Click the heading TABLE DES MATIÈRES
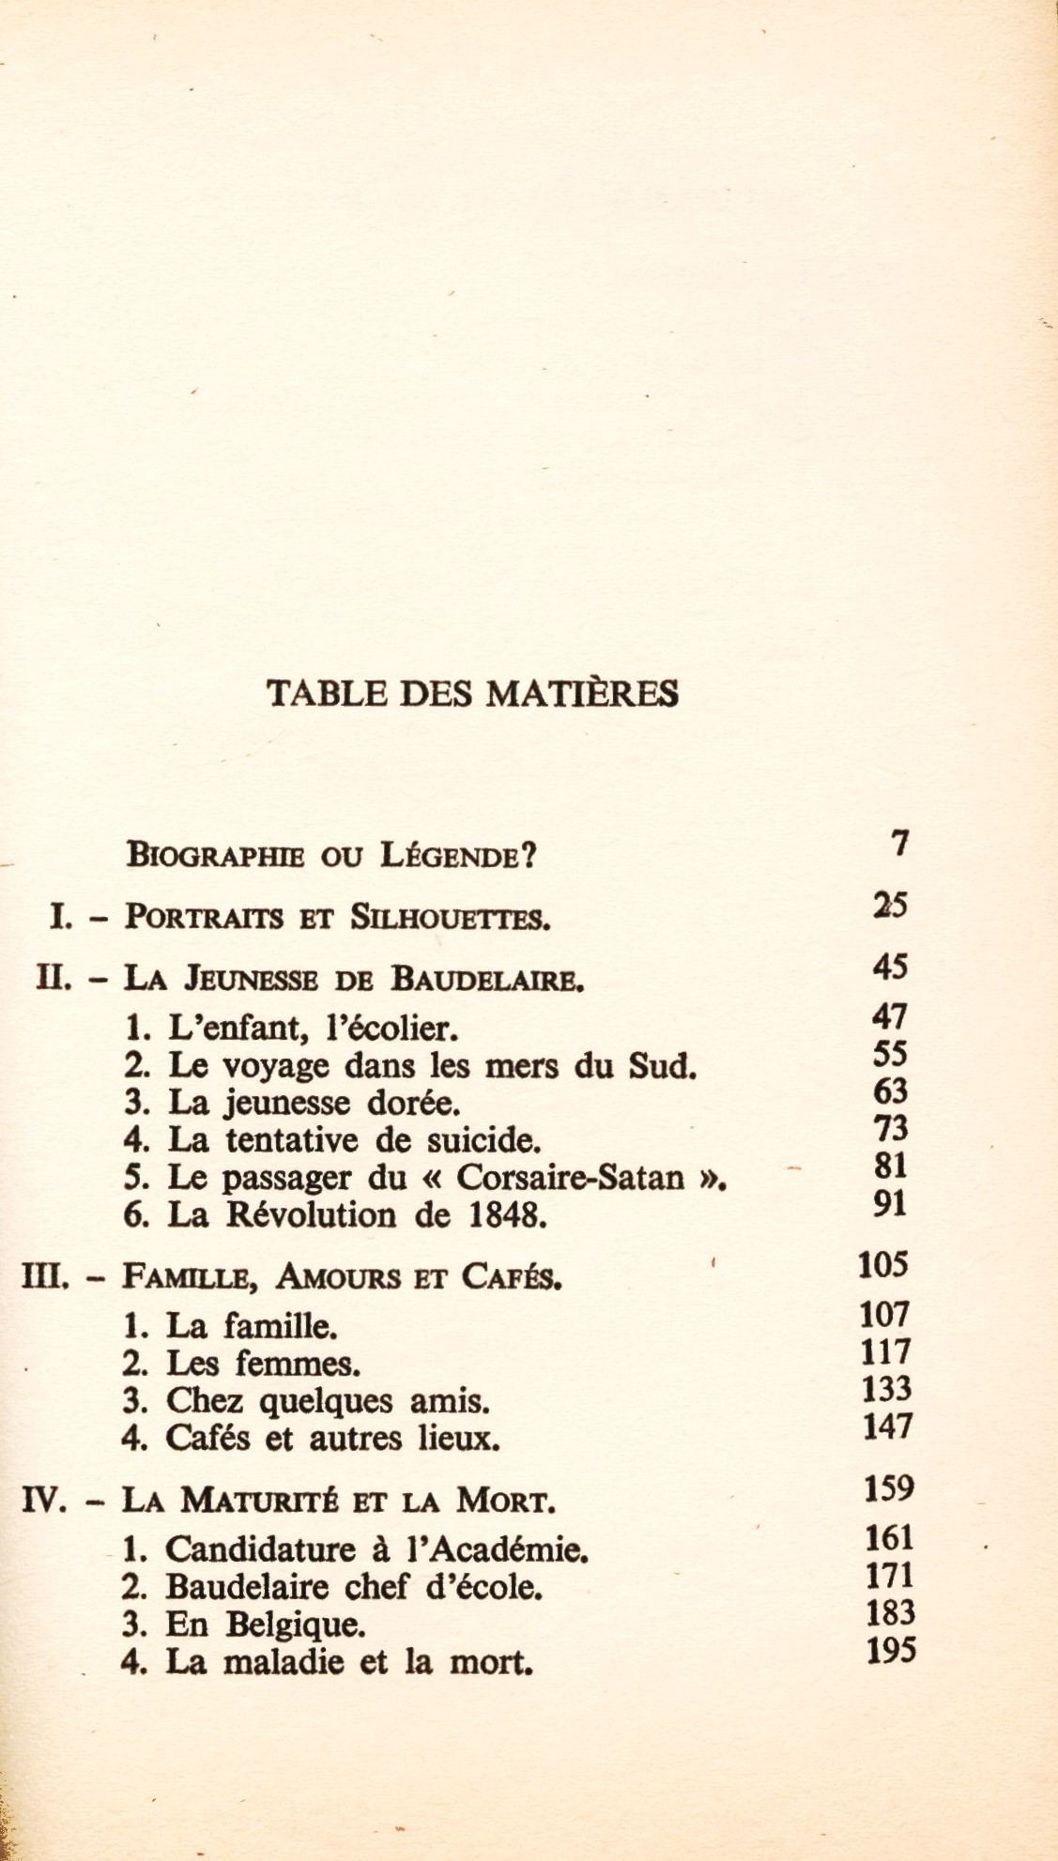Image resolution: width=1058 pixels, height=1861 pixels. click(x=472, y=693)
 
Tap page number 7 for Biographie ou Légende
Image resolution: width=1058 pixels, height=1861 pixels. click(x=900, y=845)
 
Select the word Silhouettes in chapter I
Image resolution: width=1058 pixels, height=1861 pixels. click(x=450, y=916)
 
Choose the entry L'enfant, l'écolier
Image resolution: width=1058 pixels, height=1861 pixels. click(x=291, y=1030)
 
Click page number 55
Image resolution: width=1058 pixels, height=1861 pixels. click(x=890, y=1054)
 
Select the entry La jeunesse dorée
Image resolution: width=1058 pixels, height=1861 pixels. click(x=292, y=1103)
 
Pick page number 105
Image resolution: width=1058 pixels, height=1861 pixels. click(x=883, y=1265)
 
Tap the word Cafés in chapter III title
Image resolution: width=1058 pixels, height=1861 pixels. click(x=510, y=1277)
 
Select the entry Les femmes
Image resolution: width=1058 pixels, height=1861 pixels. click(x=242, y=1363)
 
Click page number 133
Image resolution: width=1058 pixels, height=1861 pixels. click(x=885, y=1388)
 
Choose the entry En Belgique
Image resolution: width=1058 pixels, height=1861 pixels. click(x=243, y=1625)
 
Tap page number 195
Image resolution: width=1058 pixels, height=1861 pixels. click(x=891, y=1650)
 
